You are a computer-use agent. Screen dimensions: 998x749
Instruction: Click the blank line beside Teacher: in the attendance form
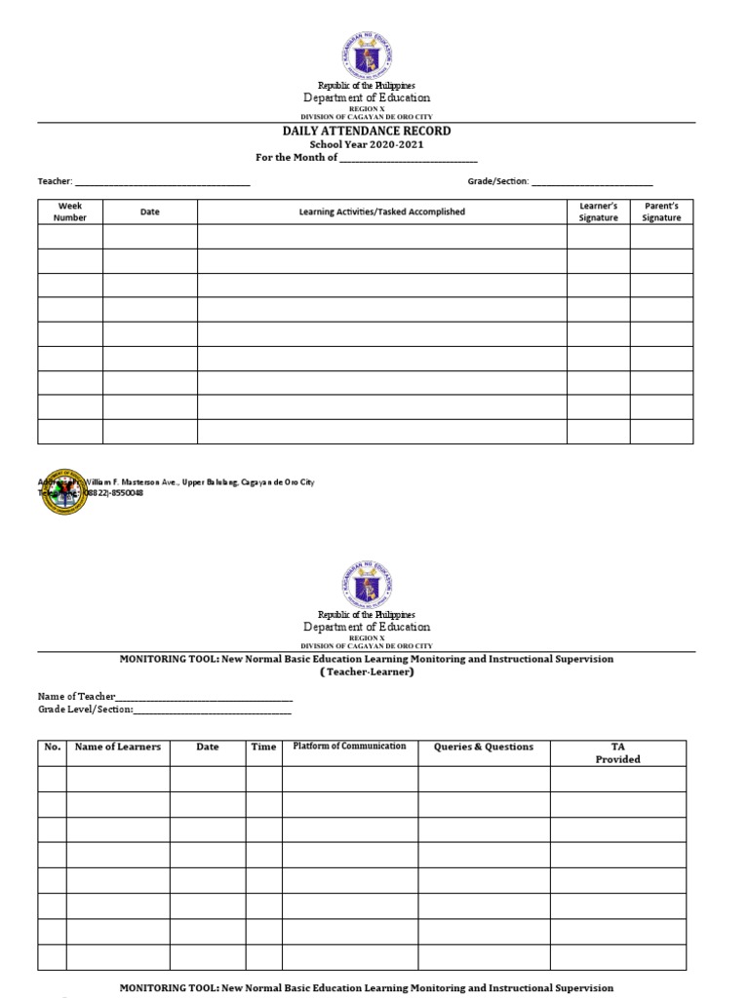[162, 182]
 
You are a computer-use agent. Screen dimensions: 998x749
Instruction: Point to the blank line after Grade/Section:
[591, 182]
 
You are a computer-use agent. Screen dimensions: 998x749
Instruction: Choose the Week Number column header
[70, 211]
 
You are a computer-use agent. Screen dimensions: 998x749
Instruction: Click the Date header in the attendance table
[149, 211]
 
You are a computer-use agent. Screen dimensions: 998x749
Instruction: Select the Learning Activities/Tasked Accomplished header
[381, 211]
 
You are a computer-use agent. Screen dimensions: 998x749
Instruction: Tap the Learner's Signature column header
[598, 211]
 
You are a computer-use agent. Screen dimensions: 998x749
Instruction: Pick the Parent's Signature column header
[661, 211]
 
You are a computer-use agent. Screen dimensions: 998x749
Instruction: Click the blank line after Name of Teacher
[204, 697]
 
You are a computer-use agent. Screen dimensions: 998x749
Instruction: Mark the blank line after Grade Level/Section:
[212, 710]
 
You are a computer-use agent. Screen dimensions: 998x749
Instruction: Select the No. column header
[53, 748]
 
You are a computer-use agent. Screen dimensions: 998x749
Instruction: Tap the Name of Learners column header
[118, 748]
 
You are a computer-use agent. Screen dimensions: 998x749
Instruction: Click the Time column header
[263, 748]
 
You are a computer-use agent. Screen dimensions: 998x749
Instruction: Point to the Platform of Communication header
[349, 747]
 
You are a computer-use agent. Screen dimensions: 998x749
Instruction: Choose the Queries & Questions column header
[484, 748]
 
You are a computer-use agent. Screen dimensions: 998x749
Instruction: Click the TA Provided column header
[617, 752]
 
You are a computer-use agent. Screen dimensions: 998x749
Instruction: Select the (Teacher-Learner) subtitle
[367, 672]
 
